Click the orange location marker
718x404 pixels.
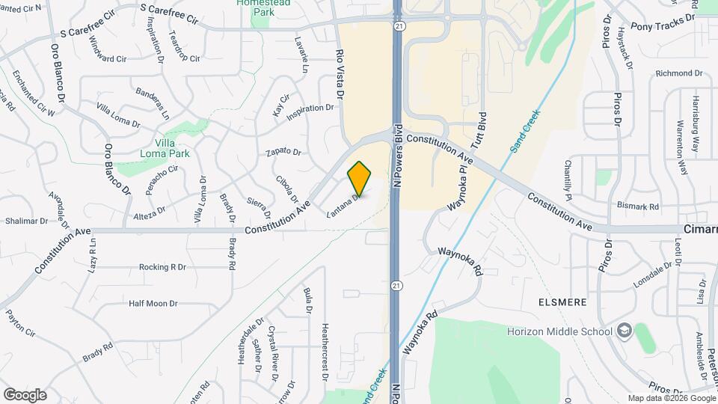360,178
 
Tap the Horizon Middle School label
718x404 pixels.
560,331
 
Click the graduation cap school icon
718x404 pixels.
624,331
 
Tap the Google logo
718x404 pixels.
25,394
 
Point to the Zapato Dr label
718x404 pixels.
283,152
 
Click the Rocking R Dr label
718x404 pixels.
162,266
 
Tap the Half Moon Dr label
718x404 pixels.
153,303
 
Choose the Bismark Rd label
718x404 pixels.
638,206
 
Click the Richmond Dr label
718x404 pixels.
679,73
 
